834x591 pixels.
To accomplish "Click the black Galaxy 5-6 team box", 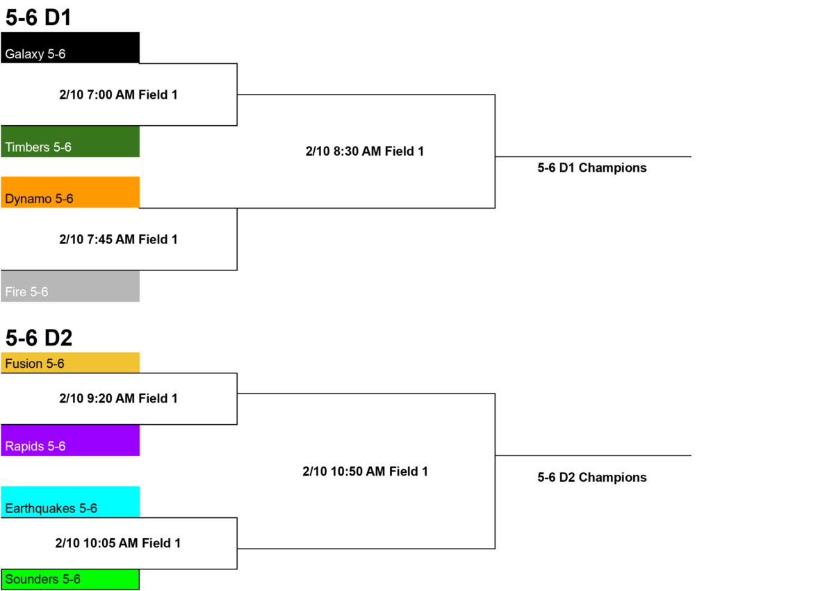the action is tap(70, 47).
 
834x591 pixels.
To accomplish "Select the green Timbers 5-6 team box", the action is tap(70, 142).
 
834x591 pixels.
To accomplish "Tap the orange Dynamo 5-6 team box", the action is tap(70, 192).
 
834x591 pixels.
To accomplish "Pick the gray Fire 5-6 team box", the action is tap(70, 286).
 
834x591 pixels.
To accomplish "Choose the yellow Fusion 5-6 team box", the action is tap(70, 363).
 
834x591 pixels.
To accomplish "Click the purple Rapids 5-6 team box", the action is tap(70, 441).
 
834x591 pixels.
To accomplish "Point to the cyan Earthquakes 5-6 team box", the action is tap(70, 502).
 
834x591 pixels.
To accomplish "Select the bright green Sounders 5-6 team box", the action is tap(70, 579).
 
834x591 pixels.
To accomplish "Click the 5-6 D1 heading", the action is tap(38, 17).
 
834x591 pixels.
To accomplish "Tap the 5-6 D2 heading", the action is tap(39, 338).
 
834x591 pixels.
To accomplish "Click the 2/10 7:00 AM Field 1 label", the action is tap(118, 95).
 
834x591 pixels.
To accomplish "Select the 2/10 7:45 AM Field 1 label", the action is tap(118, 239).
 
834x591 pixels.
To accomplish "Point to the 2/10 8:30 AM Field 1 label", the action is tap(365, 151).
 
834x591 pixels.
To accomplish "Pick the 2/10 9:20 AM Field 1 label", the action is tap(118, 398).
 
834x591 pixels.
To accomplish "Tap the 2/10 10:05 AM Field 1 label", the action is tap(118, 543).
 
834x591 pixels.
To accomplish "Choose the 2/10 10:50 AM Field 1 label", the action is tap(366, 471).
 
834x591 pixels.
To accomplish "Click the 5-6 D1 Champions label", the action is tap(592, 168).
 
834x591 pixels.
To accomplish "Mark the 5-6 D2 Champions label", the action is tap(592, 478).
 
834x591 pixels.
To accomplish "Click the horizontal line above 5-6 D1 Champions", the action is tap(593, 156).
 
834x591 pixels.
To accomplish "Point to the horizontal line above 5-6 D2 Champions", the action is tap(593, 455).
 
